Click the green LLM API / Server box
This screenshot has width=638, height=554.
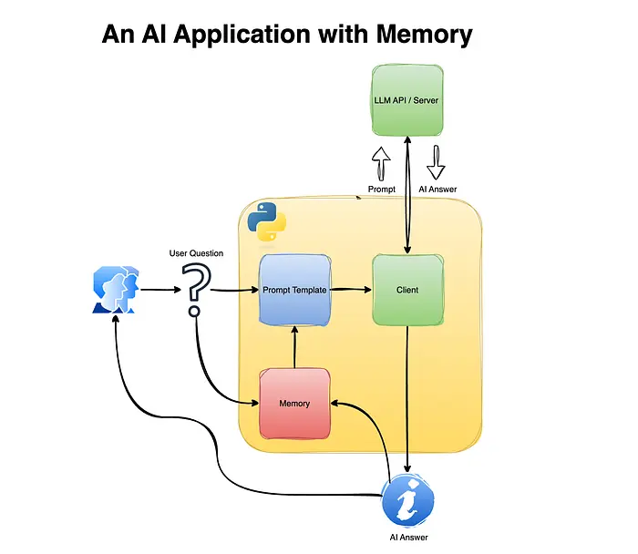coord(407,97)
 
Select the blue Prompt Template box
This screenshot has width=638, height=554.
coord(295,290)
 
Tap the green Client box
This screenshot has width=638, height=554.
coord(407,290)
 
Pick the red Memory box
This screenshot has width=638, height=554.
coord(294,403)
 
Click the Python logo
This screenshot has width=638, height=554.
coord(264,221)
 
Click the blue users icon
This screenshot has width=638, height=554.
coord(116,291)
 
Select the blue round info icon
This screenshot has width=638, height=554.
coord(406,500)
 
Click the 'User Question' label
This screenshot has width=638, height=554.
coord(196,252)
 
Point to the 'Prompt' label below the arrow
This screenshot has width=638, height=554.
coord(381,190)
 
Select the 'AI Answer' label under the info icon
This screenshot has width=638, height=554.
coord(406,538)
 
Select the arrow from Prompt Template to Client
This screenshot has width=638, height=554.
coord(352,290)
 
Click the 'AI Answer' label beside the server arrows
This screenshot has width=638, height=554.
coord(437,190)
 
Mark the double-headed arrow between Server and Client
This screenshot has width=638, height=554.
coord(407,191)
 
